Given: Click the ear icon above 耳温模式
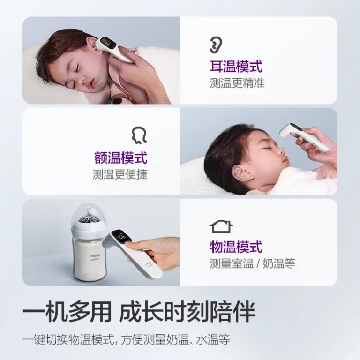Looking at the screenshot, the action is click(216, 45).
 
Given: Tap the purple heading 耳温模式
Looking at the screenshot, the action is click(236, 67).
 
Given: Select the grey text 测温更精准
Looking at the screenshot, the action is click(237, 83).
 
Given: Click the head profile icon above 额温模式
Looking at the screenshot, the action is click(139, 135).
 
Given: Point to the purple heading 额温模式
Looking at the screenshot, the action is click(121, 157).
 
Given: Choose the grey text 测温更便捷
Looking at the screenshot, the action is click(120, 174).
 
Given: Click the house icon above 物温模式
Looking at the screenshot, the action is click(221, 226).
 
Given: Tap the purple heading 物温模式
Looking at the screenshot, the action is click(236, 247).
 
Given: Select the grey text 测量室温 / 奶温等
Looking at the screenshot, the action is click(252, 263).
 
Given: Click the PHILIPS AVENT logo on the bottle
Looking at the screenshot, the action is click(94, 257).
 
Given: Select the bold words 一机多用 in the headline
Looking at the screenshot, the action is click(67, 312).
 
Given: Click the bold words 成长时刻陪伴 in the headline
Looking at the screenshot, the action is click(187, 312).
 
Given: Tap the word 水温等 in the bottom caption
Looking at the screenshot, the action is click(213, 339).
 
